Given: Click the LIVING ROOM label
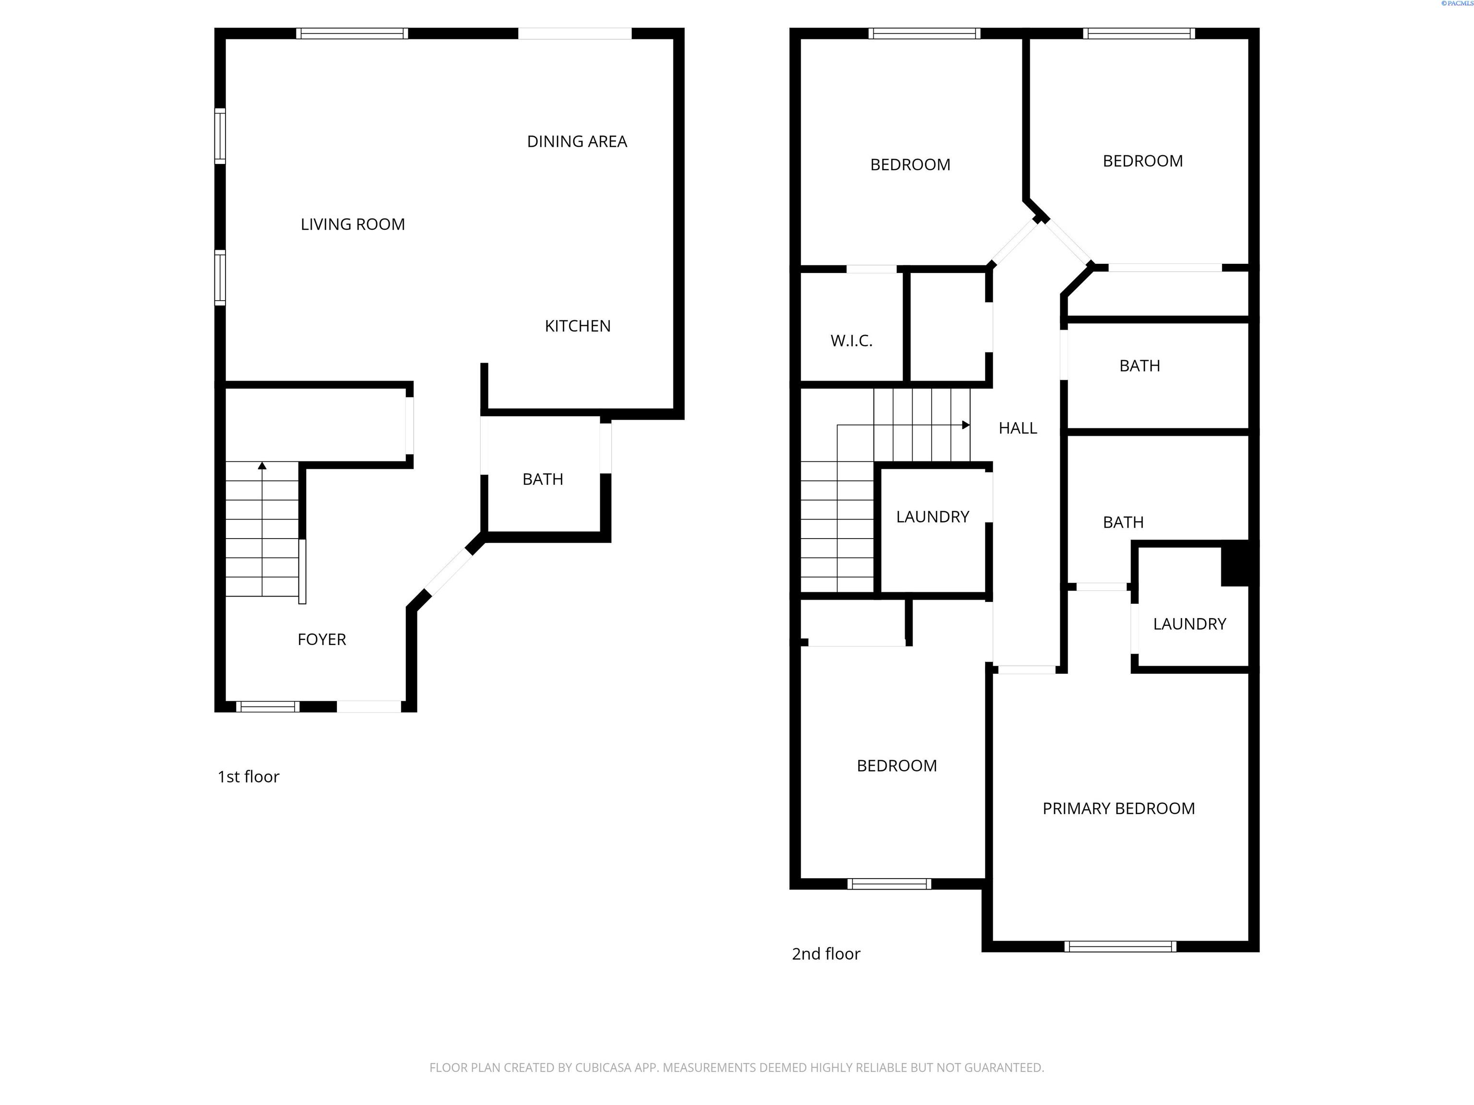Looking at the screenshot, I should pyautogui.click(x=353, y=224).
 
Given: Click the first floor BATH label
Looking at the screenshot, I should pyautogui.click(x=542, y=480).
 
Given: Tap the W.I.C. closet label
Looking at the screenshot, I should pyautogui.click(x=851, y=341).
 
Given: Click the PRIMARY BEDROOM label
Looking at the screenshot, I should pyautogui.click(x=1118, y=809).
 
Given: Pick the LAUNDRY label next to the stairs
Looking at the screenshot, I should pyautogui.click(x=932, y=517).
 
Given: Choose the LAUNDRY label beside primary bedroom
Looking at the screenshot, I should pyautogui.click(x=1189, y=624).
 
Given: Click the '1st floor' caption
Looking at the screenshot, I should pyautogui.click(x=248, y=776).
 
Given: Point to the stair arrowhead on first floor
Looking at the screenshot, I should pyautogui.click(x=262, y=466).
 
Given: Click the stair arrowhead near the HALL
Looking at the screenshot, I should pyautogui.click(x=965, y=425).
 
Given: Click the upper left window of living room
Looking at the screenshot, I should pyautogui.click(x=219, y=136).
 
